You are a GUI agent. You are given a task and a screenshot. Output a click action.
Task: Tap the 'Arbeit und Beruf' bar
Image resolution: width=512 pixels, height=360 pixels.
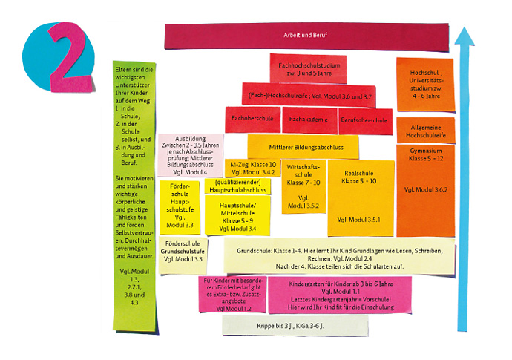click(x=306, y=35)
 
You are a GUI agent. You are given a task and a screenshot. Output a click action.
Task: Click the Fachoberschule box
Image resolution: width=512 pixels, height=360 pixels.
click(x=252, y=119)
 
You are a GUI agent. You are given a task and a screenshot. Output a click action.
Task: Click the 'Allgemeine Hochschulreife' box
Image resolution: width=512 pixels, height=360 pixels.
click(x=425, y=131)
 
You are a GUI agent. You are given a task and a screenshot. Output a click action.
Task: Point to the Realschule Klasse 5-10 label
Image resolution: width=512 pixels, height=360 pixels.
click(x=359, y=177)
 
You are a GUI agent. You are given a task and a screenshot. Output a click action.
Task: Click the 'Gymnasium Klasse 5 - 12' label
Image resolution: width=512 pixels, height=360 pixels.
click(x=425, y=154)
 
